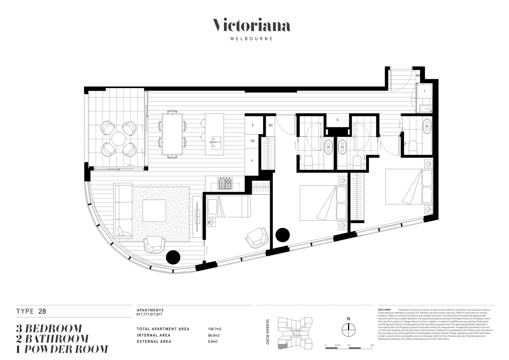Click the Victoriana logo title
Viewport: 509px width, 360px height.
pos(252,26)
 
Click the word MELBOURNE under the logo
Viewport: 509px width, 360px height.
pos(252,39)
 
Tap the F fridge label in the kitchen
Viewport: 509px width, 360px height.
pos(253,125)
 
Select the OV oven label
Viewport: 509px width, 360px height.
pos(253,141)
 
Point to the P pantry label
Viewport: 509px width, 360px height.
pos(252,161)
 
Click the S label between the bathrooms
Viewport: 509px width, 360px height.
pos(337,120)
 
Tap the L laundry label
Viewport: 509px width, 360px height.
pos(424,91)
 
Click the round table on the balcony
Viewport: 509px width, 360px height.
pos(118,139)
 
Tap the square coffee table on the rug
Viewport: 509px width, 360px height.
pos(155,210)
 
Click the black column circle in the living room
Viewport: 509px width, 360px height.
pos(173,257)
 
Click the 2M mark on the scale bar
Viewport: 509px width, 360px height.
pos(372,345)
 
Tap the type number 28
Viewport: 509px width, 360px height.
pos(42,312)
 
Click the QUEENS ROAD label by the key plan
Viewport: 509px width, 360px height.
pos(267,332)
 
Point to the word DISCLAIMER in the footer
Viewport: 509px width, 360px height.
pos(384,310)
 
